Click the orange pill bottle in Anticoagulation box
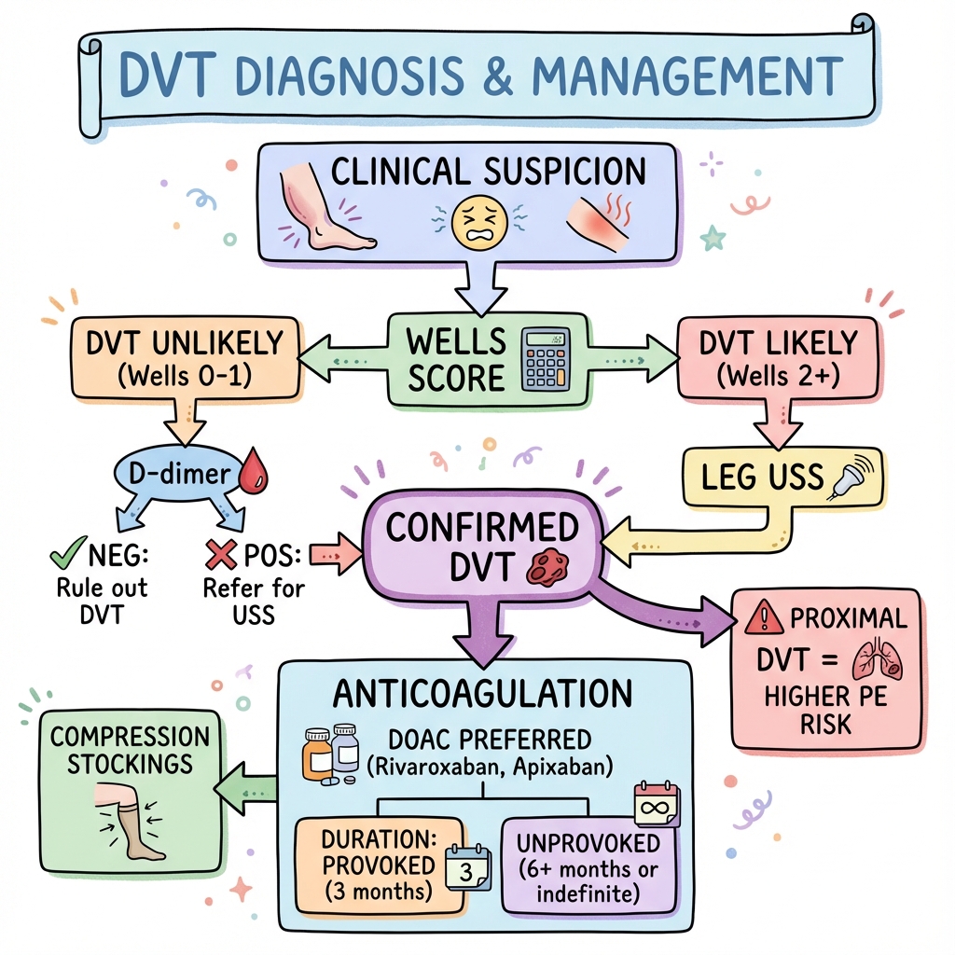(x=318, y=754)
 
